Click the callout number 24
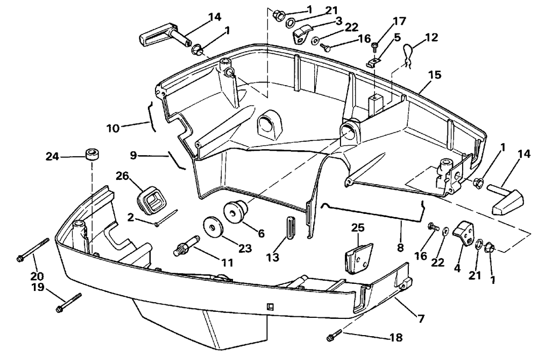click(53, 157)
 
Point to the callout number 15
click(435, 75)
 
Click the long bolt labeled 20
click(33, 250)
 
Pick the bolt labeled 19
click(69, 303)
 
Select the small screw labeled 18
click(335, 335)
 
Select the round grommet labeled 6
click(236, 211)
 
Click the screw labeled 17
click(374, 46)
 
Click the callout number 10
click(113, 128)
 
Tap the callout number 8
click(400, 247)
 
